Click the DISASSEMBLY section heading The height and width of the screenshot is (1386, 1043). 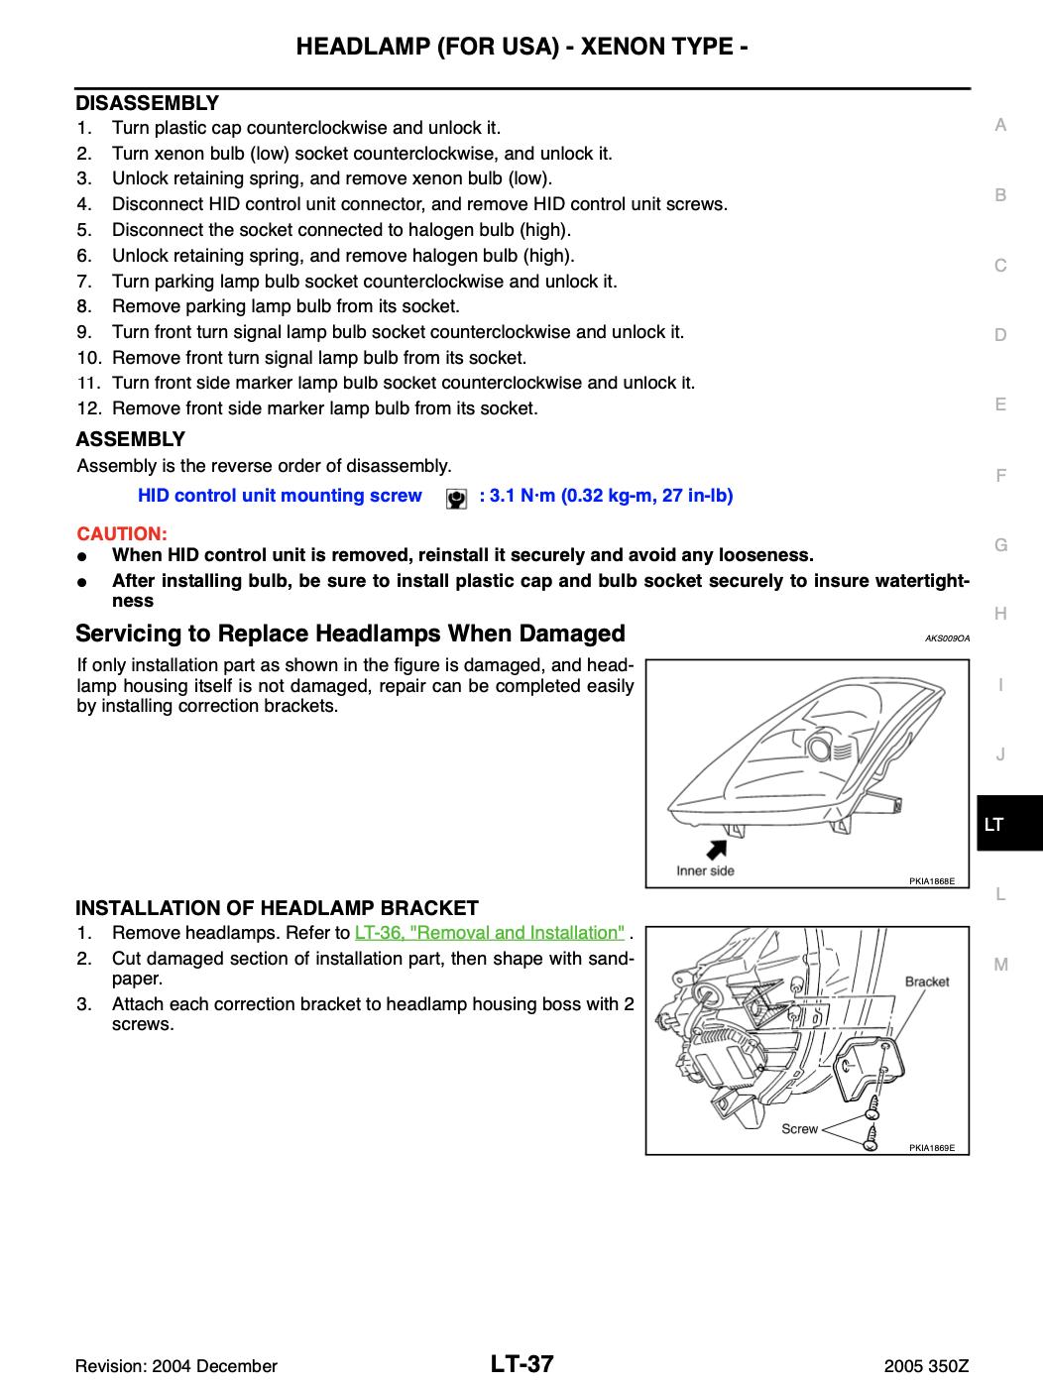pos(148,103)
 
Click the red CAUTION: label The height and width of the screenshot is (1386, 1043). pos(122,532)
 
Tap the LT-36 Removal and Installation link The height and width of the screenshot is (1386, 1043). pos(490,933)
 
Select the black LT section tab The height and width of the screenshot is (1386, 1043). pos(1008,824)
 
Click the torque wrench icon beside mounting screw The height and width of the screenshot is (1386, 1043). pos(456,498)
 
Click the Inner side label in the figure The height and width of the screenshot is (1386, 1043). pos(705,871)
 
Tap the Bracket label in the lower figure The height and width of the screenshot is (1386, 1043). pos(926,982)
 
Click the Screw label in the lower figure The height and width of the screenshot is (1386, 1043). pos(799,1128)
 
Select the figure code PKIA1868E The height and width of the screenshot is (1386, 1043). pos(931,881)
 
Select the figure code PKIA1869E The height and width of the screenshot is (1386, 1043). pos(931,1147)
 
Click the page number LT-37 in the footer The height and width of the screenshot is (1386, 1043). pos(521,1364)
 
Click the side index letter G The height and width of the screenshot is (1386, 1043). pos(1000,545)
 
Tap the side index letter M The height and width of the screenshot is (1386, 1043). pos(1000,965)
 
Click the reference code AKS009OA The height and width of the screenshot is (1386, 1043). pos(946,638)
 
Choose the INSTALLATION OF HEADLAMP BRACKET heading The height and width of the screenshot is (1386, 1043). pos(278,907)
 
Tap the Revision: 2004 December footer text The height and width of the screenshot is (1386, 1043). pos(177,1366)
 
